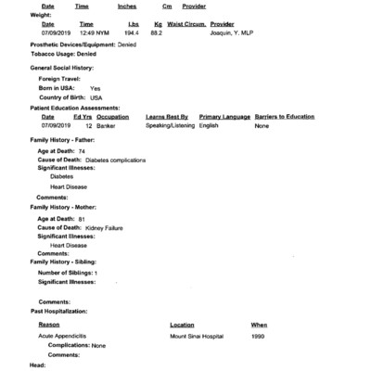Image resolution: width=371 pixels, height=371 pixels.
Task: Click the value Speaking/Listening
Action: coord(169,125)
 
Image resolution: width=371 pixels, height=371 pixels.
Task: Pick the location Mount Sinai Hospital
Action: coord(201,336)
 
